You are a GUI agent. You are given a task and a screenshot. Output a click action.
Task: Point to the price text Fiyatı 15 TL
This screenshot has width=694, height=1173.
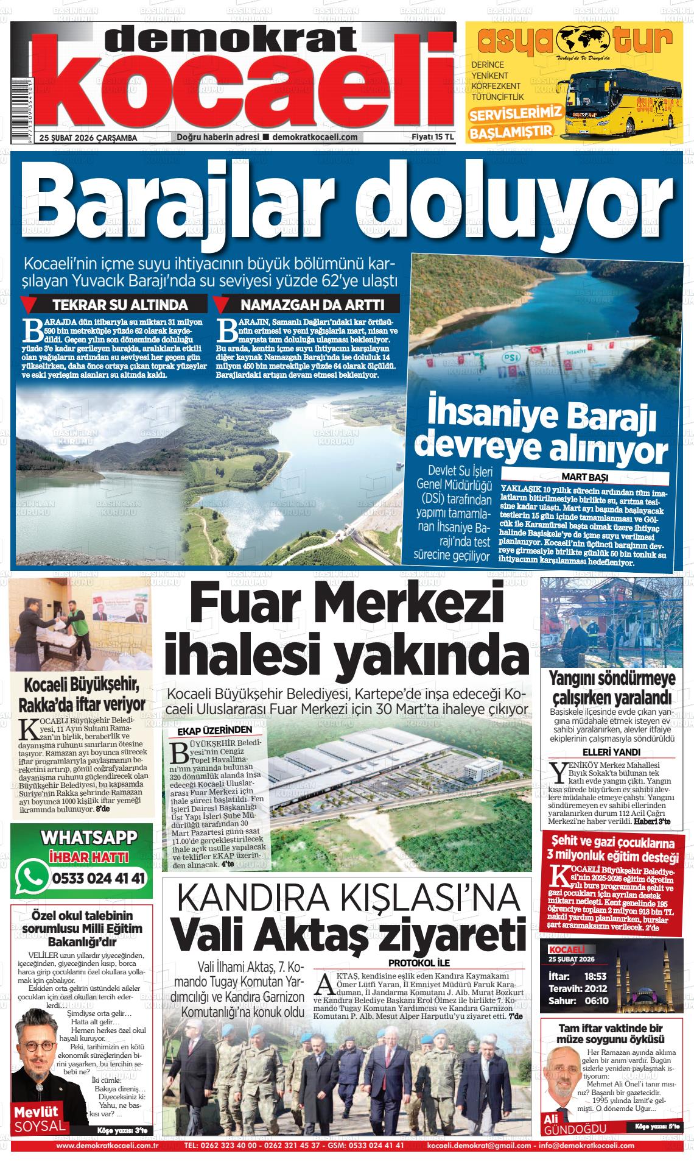point(433,137)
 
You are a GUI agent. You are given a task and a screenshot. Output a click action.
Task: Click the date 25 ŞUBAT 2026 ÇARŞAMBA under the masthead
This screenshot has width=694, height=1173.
point(88,138)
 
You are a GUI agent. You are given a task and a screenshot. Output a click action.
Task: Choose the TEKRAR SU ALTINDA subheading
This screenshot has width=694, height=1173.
point(120,305)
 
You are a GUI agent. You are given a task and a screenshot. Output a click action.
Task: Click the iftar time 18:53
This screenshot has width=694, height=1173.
point(597,976)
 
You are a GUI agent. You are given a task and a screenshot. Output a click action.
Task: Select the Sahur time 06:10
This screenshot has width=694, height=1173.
point(597,1001)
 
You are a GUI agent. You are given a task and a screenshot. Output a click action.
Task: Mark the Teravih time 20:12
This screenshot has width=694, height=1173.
point(595,988)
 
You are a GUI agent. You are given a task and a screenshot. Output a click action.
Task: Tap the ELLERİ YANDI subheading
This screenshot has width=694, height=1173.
point(612,751)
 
